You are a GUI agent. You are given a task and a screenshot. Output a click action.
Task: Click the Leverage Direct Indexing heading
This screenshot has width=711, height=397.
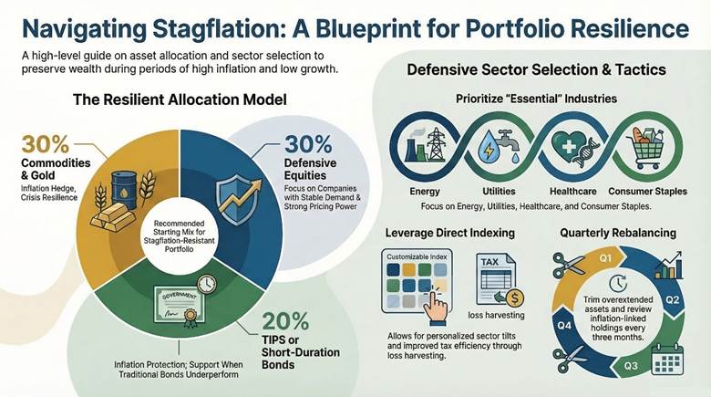[449, 232]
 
